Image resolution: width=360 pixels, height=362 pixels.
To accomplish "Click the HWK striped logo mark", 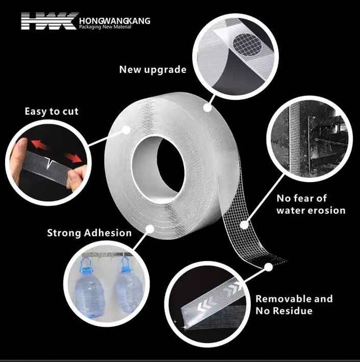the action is point(50,21).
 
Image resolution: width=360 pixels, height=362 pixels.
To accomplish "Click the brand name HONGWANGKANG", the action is point(115,21).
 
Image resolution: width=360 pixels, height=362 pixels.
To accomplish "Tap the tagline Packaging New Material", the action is point(105,27).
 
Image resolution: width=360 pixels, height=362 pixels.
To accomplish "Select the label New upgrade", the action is point(153,69).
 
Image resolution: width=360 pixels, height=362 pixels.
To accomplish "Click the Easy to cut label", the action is point(52,112).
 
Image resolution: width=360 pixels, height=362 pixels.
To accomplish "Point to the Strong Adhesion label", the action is point(89,233).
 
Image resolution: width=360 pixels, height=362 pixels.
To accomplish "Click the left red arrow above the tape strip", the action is point(39,144).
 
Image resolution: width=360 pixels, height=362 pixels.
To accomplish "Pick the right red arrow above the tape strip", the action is point(74,158).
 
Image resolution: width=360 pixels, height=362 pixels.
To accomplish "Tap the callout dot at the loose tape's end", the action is point(268,267).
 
